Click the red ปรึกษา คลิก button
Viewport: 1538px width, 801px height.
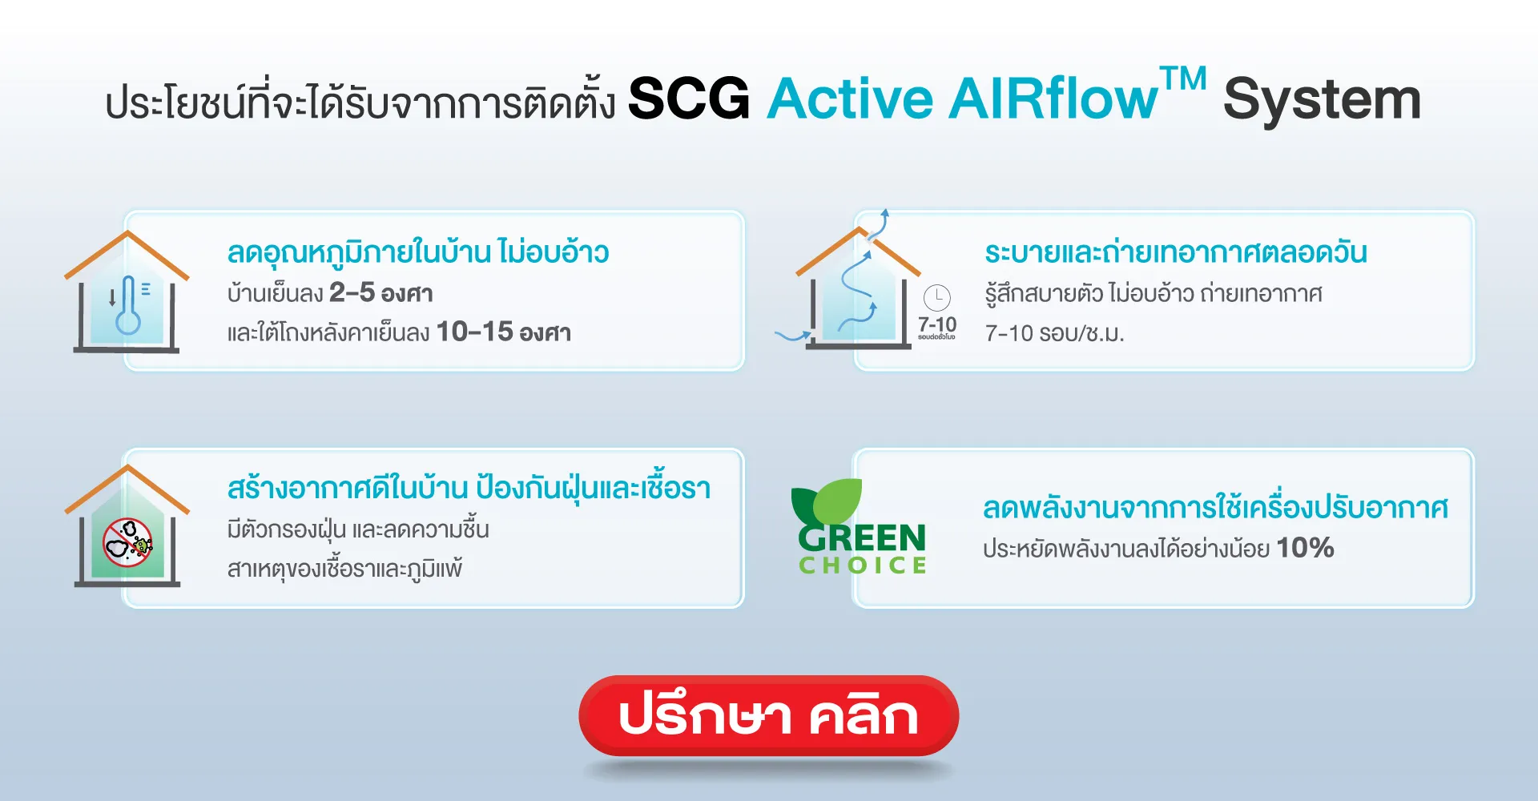[768, 715]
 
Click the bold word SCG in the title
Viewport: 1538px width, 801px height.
[689, 99]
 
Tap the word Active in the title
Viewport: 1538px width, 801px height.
[850, 99]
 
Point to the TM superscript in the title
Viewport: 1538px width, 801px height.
[1184, 79]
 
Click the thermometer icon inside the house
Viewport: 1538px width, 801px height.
[128, 306]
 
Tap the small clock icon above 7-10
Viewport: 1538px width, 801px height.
[937, 298]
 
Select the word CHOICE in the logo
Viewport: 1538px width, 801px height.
[863, 566]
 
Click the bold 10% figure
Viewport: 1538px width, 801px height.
[1305, 548]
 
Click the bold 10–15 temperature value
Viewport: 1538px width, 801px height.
[474, 332]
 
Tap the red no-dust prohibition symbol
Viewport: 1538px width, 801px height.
[127, 542]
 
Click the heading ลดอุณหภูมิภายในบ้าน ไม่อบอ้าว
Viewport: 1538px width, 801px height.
[417, 252]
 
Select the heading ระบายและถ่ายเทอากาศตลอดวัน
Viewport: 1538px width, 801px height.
[1175, 252]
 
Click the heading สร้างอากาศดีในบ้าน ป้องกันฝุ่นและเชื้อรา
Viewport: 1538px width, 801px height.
[469, 488]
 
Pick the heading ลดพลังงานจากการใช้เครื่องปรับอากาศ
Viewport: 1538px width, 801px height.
[1215, 508]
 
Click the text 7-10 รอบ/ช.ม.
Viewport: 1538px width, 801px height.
[1054, 333]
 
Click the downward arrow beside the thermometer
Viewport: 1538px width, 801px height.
[112, 299]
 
